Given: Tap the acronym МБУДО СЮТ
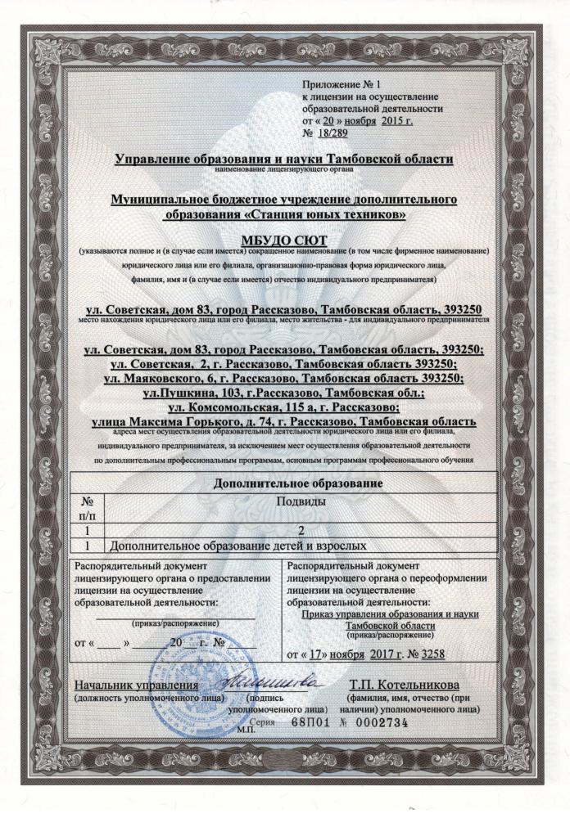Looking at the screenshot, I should coord(284,238).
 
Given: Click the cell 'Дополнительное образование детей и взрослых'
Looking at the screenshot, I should coord(237,543).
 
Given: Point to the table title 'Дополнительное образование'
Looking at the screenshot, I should coord(284,483).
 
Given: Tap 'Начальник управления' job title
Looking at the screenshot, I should coord(136,684).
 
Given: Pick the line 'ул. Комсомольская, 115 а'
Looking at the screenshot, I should coord(284,407).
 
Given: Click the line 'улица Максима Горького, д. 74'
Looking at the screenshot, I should coord(284,420).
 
